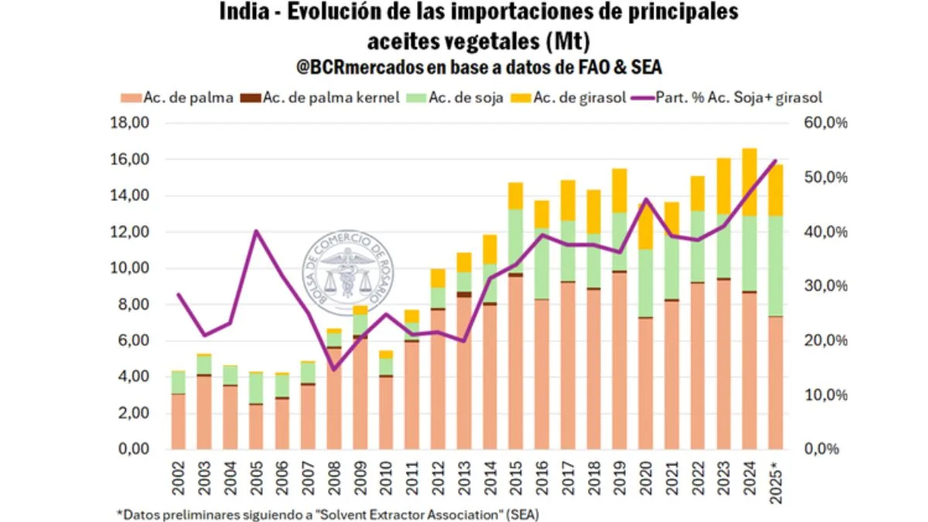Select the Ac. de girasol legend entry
[x=561, y=98]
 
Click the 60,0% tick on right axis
[x=827, y=123]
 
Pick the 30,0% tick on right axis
[x=827, y=286]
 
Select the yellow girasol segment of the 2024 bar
[x=750, y=182]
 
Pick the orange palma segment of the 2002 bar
[x=179, y=421]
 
